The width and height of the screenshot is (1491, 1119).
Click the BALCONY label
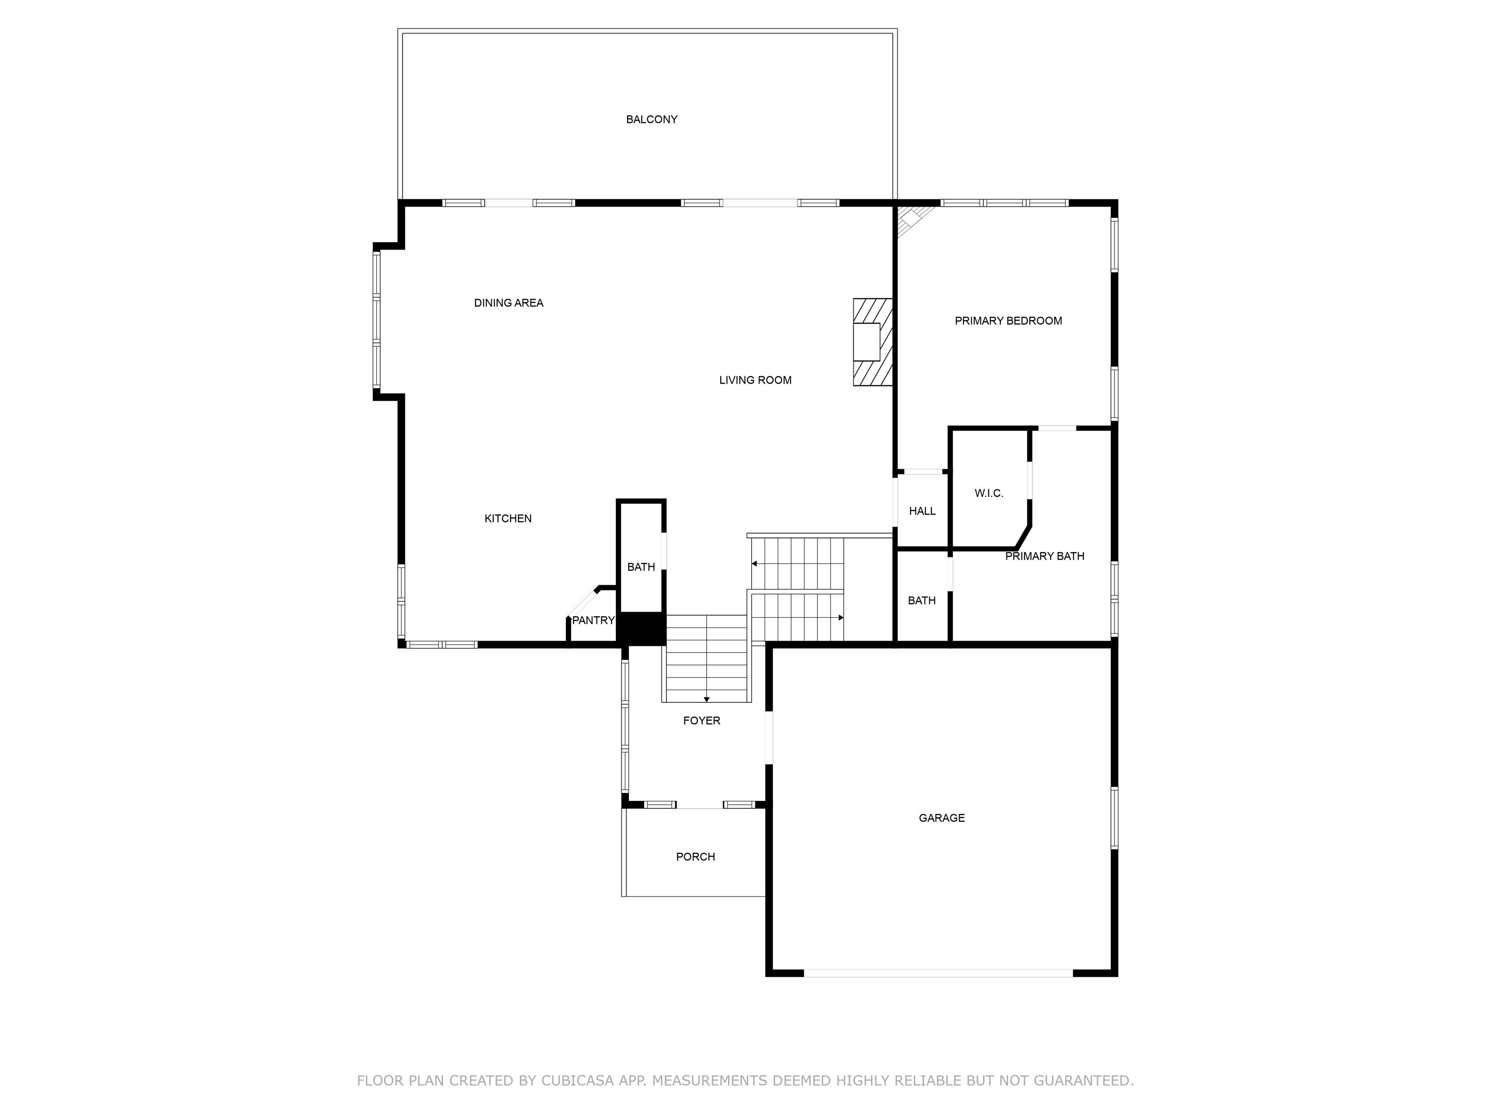pyautogui.click(x=651, y=119)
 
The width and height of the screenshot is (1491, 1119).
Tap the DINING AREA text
pyautogui.click(x=508, y=303)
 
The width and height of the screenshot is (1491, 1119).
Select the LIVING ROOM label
pyautogui.click(x=755, y=380)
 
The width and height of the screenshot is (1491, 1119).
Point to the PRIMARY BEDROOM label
pyautogui.click(x=1008, y=321)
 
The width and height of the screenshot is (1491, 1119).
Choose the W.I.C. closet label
pyautogui.click(x=989, y=493)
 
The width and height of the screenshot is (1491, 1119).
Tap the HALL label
pyautogui.click(x=922, y=510)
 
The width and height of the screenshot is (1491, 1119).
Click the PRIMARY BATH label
pyautogui.click(x=1044, y=556)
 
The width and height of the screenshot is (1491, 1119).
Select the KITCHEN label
pyautogui.click(x=508, y=518)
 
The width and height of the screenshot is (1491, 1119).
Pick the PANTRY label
pyautogui.click(x=593, y=620)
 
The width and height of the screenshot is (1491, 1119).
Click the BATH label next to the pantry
pyautogui.click(x=640, y=567)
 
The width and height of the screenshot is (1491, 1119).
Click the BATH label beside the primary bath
pyautogui.click(x=921, y=600)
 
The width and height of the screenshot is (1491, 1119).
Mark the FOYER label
pyautogui.click(x=701, y=720)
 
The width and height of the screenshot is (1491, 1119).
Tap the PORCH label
pyautogui.click(x=695, y=857)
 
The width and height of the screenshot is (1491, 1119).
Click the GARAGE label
pyautogui.click(x=941, y=817)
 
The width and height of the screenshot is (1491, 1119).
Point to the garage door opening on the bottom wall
pyautogui.click(x=938, y=973)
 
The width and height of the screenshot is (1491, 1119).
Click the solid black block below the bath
pyautogui.click(x=641, y=628)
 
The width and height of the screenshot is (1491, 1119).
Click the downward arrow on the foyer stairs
pyautogui.click(x=706, y=699)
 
